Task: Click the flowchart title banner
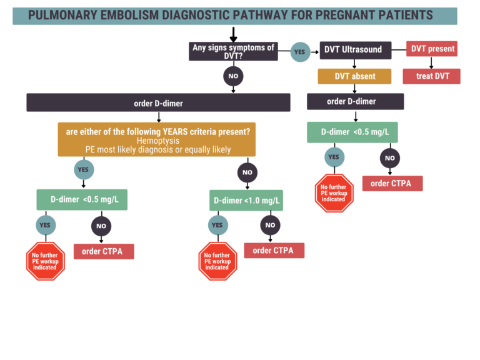click(234, 16)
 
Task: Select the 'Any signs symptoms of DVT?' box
click(233, 51)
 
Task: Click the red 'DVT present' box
click(432, 49)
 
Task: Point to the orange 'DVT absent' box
click(354, 76)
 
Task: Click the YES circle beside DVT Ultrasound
click(300, 52)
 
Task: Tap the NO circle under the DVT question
click(233, 76)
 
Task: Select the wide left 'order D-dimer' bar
click(158, 102)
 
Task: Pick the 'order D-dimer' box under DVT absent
click(355, 101)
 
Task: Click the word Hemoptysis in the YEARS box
click(157, 141)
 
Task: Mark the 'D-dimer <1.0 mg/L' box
click(246, 201)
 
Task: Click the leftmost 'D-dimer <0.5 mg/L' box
click(82, 199)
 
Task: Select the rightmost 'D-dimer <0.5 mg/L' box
click(352, 132)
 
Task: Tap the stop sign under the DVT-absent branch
click(333, 193)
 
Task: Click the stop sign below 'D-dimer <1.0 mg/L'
click(217, 261)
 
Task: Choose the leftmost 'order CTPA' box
click(104, 251)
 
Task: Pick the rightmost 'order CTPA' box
click(392, 184)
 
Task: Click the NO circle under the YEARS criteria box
click(247, 172)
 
